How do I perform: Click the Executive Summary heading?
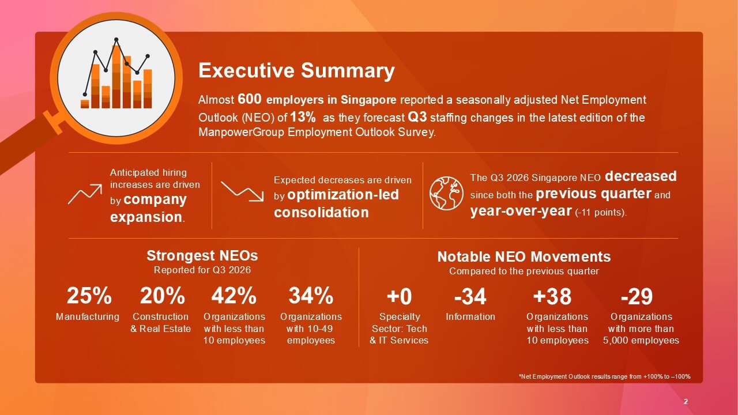coord(296,71)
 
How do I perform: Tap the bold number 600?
coord(250,99)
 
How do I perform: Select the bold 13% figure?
coord(303,116)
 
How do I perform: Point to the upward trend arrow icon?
coord(85,194)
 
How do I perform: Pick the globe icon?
coord(446,193)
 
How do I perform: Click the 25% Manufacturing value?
coord(89,296)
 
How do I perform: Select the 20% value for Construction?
coord(163,296)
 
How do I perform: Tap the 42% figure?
coord(234,296)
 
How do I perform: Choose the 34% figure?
coord(311,296)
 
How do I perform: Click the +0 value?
coord(400,296)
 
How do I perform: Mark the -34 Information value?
coord(470,296)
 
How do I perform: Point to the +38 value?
coord(552,296)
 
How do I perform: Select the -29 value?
coord(637,296)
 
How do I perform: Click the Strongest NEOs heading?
coord(202,255)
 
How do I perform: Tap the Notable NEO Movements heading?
coord(524,256)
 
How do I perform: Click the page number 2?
coord(686,402)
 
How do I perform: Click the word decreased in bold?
coord(641,176)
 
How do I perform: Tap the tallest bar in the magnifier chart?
coord(116,77)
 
